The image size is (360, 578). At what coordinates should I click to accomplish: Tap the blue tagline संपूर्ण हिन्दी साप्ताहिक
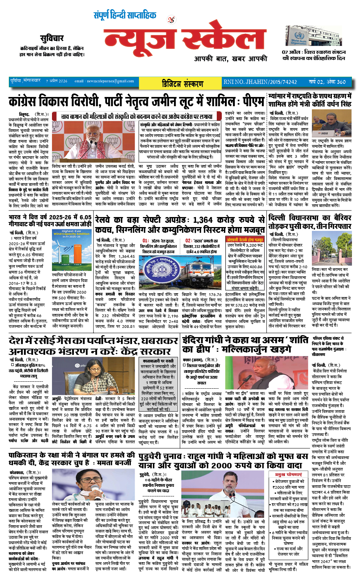(x=125, y=15)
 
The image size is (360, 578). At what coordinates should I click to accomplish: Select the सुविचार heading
(x=52, y=38)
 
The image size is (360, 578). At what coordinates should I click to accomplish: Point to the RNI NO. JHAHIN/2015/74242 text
(x=260, y=82)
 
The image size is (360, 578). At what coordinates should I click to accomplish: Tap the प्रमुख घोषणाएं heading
(x=289, y=474)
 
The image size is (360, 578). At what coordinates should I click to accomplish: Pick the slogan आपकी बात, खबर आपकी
(x=230, y=58)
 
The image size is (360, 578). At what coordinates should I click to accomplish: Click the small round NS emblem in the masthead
(x=171, y=20)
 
